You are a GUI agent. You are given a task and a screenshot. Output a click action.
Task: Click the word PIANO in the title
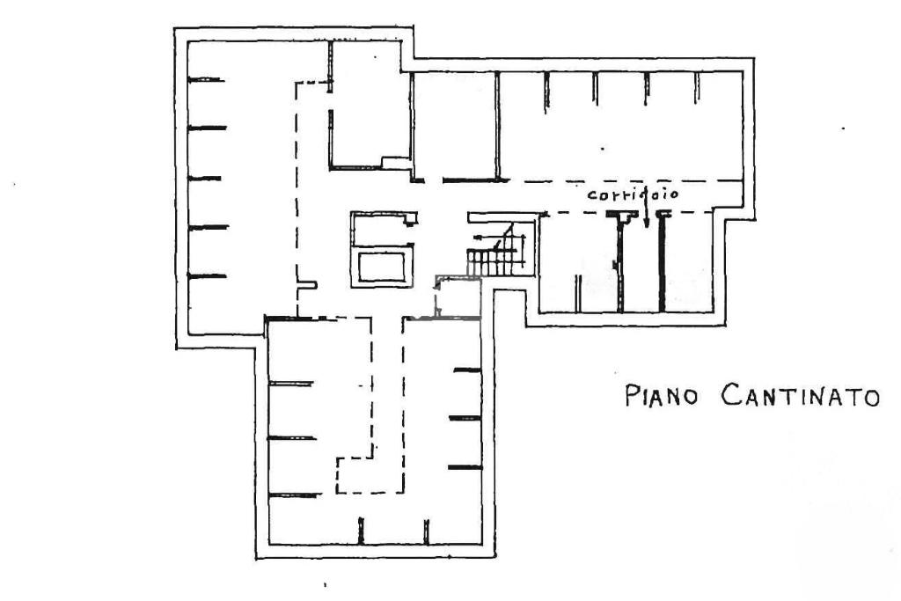[x=662, y=396]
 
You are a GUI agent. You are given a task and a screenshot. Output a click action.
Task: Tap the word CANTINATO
[x=800, y=396]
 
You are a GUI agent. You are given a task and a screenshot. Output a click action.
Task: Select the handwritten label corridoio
[x=632, y=194]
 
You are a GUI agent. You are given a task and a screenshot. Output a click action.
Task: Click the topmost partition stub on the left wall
[x=206, y=80]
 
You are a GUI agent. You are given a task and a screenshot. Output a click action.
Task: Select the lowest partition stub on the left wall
[x=208, y=276]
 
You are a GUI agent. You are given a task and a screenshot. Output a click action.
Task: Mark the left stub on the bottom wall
[x=361, y=531]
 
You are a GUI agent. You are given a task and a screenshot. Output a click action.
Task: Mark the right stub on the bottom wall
[x=426, y=531]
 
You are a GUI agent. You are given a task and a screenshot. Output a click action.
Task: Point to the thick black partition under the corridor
[x=662, y=262]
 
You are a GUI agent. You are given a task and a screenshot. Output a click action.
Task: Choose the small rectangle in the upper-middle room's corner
[x=395, y=162]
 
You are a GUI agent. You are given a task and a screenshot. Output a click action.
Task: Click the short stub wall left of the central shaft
[x=306, y=284]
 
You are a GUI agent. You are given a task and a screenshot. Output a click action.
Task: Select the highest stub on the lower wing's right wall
[x=467, y=370]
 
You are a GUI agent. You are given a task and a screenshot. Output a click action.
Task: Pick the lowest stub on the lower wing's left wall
[x=292, y=495]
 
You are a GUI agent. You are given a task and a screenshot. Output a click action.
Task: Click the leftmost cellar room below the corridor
[x=577, y=262]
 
